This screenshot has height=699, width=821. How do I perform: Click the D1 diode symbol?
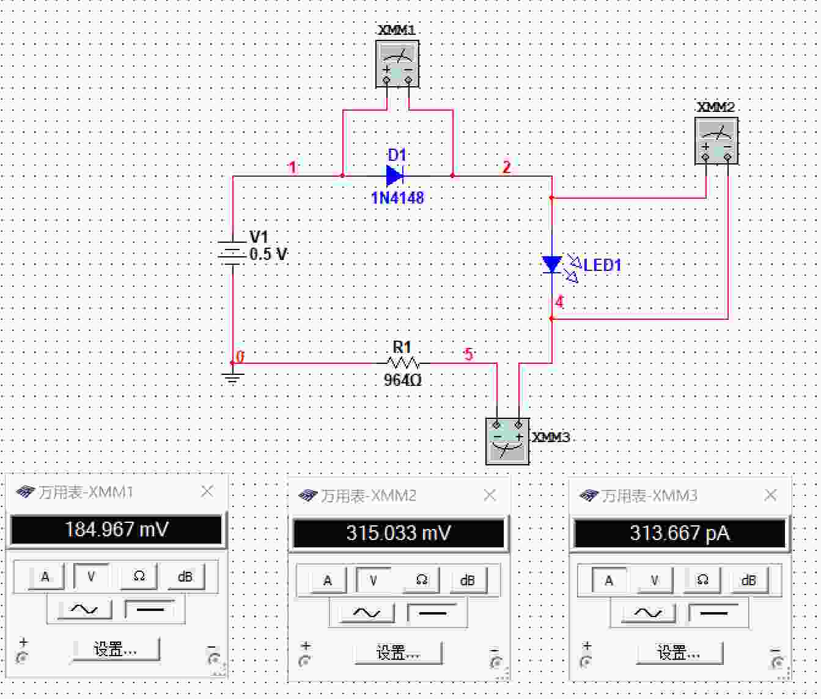[x=395, y=176]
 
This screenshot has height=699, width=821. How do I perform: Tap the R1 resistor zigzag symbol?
[x=403, y=363]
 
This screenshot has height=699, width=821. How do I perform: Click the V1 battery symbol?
[x=232, y=253]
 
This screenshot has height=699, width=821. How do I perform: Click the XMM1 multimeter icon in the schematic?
[x=397, y=64]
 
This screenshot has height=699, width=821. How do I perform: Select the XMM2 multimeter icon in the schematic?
[x=716, y=140]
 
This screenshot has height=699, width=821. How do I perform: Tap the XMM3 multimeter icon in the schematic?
[x=507, y=441]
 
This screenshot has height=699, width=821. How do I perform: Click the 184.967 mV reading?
[x=117, y=530]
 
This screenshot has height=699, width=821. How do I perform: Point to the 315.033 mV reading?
[x=399, y=533]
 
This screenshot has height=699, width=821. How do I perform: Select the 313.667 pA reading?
[x=680, y=533]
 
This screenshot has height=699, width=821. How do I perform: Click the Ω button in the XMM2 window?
[x=421, y=580]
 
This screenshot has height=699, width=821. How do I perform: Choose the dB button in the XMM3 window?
[x=749, y=580]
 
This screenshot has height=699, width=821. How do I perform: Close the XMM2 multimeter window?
[x=490, y=495]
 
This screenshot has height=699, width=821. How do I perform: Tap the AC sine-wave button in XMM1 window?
[x=84, y=608]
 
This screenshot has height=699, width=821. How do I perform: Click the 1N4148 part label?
[x=397, y=198]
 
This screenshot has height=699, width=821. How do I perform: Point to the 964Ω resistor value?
[x=402, y=380]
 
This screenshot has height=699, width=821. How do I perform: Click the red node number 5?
[x=469, y=354]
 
